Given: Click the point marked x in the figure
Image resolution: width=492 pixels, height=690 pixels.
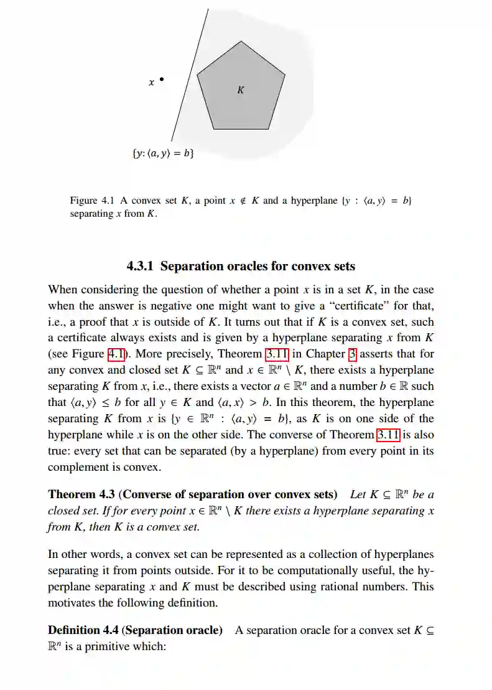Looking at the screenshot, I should pos(162,79).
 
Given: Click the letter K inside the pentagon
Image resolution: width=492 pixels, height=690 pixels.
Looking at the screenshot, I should pos(241,90).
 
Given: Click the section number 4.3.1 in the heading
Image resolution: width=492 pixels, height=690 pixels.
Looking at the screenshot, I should pos(141,267).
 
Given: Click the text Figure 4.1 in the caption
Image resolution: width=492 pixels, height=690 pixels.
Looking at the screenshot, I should pos(92,201).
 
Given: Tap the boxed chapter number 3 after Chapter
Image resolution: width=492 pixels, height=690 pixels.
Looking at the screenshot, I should pos(352,354).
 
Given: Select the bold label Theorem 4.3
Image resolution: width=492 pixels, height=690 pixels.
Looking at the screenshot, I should pos(81,494).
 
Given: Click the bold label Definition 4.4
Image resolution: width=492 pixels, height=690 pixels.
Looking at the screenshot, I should pos(83,630).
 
